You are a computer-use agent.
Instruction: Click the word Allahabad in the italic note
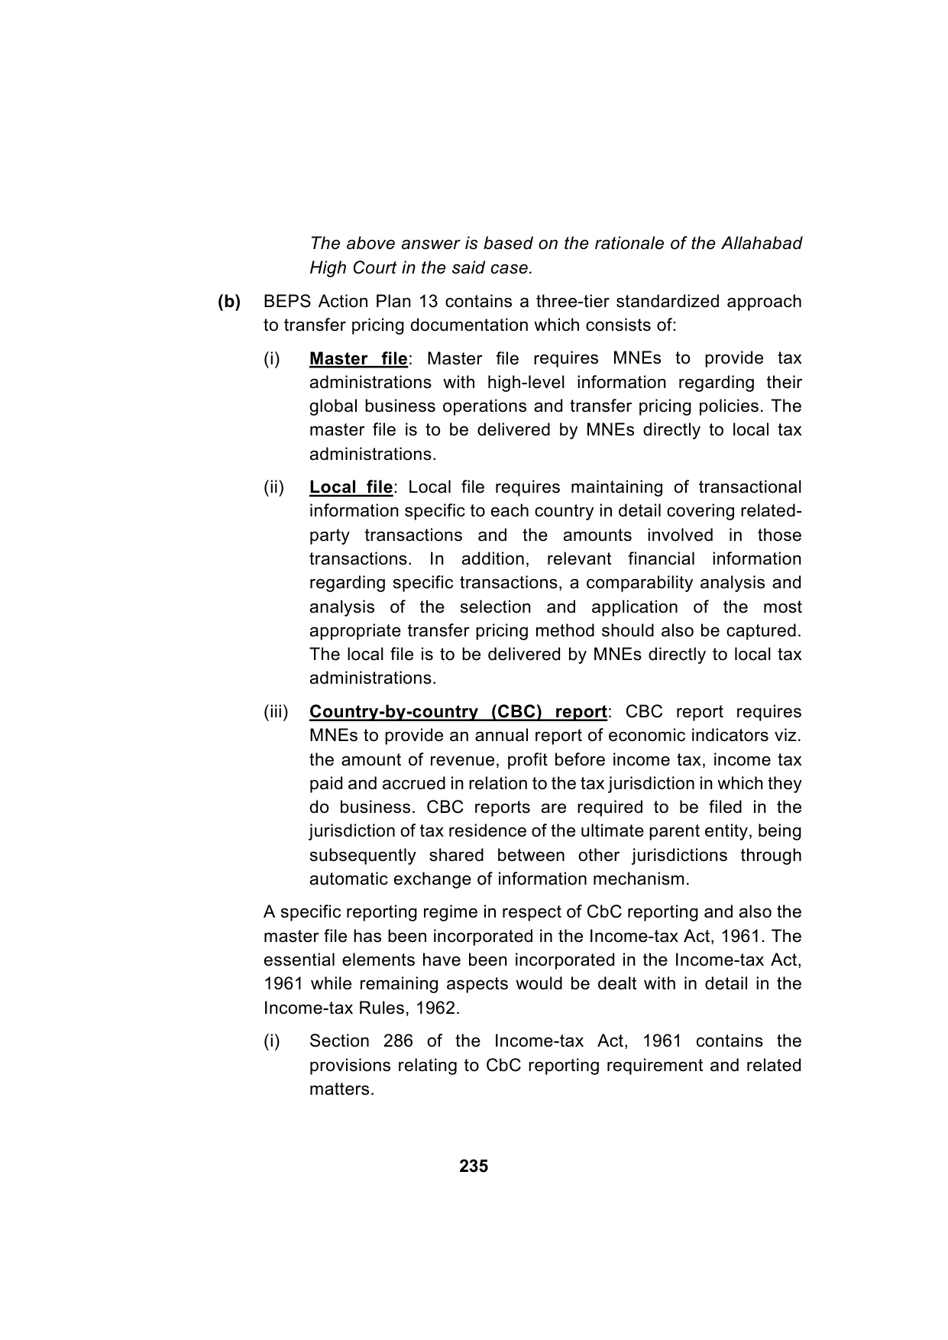point(760,244)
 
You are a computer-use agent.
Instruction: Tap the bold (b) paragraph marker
point(229,302)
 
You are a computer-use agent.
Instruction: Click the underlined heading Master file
point(358,359)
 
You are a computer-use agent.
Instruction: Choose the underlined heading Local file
point(351,487)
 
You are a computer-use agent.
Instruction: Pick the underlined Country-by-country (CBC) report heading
point(458,712)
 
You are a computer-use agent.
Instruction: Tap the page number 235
point(474,1167)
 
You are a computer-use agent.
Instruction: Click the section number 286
point(396,1041)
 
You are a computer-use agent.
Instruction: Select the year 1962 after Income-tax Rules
point(438,1008)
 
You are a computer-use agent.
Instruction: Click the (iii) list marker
point(276,712)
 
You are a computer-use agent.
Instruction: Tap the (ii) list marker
point(274,487)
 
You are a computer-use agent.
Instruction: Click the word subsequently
point(363,856)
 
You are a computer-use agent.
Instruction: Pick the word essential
point(299,960)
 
